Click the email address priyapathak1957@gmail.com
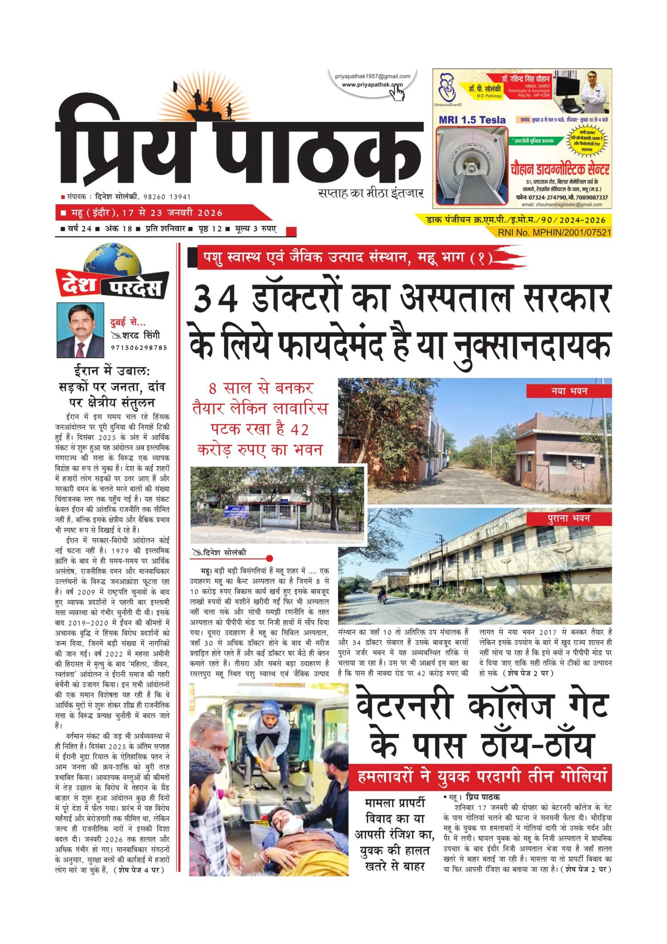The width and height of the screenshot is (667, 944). tap(373, 77)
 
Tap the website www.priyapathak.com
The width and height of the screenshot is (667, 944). tap(372, 85)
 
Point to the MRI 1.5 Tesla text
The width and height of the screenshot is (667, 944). tap(472, 120)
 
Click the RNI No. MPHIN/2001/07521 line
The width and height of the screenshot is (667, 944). tap(554, 232)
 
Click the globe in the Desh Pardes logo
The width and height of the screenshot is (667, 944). tap(112, 260)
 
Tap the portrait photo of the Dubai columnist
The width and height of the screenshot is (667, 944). tap(80, 331)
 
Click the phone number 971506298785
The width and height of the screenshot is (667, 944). tap(139, 347)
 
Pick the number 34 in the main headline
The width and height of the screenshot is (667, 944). tap(216, 300)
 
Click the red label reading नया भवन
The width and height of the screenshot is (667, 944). tap(569, 391)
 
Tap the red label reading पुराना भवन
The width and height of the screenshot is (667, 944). tap(569, 519)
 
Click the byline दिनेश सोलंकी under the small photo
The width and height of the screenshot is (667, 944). tap(224, 553)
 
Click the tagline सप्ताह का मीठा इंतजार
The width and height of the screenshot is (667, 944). tap(371, 194)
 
